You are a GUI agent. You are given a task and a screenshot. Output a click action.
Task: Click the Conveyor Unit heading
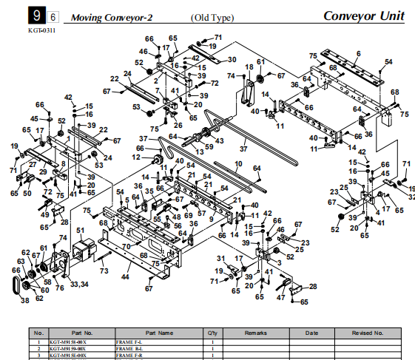(x=365, y=16)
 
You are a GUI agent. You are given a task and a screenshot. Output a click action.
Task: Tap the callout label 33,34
(x=80, y=283)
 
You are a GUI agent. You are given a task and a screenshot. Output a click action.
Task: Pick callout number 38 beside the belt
(x=25, y=300)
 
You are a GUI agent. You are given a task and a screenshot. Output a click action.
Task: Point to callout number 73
(x=104, y=272)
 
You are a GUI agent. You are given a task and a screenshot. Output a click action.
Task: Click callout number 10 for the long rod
(x=238, y=163)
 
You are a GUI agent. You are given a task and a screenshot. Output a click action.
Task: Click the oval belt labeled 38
(x=16, y=285)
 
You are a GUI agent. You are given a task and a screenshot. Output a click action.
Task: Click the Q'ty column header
(x=213, y=333)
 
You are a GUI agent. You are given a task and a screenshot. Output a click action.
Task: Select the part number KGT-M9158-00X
(x=67, y=342)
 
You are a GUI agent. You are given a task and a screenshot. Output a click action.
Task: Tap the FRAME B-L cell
(x=130, y=349)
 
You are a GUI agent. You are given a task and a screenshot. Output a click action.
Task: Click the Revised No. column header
(x=367, y=333)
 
